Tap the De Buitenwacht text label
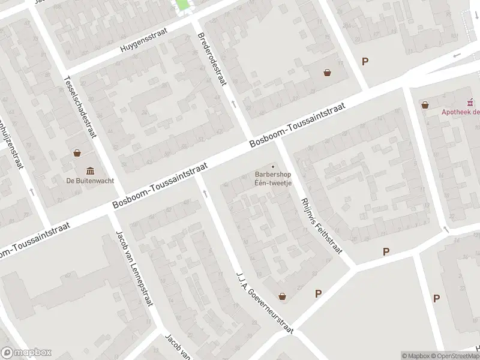(x=90, y=181)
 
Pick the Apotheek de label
(x=461, y=112)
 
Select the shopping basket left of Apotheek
(x=425, y=104)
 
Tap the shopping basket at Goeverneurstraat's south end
(x=283, y=296)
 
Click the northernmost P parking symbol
(x=365, y=61)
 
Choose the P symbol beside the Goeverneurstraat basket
(x=319, y=293)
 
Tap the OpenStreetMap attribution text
(x=455, y=356)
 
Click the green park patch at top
(x=181, y=5)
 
